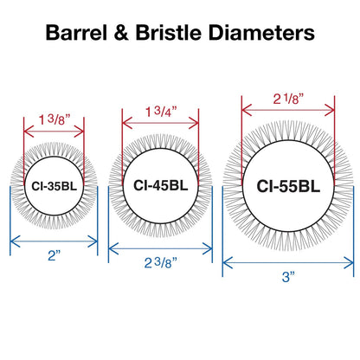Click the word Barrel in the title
click(76, 32)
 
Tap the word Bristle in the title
click(168, 32)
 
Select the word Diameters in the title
click(261, 32)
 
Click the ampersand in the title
click(121, 32)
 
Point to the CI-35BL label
click(55, 186)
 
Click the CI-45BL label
click(161, 185)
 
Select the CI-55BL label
click(288, 186)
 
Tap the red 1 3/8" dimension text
click(55, 119)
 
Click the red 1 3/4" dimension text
click(161, 112)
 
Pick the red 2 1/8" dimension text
click(288, 99)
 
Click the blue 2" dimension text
click(55, 255)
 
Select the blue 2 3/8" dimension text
click(160, 263)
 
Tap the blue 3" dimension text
click(288, 277)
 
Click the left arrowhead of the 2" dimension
click(15, 241)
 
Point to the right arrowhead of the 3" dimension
click(349, 263)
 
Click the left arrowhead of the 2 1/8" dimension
click(247, 110)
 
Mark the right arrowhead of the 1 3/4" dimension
click(194, 123)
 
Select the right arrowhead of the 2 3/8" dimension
click(208, 248)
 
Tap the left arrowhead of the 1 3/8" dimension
click(29, 132)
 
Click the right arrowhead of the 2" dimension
click(93, 241)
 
